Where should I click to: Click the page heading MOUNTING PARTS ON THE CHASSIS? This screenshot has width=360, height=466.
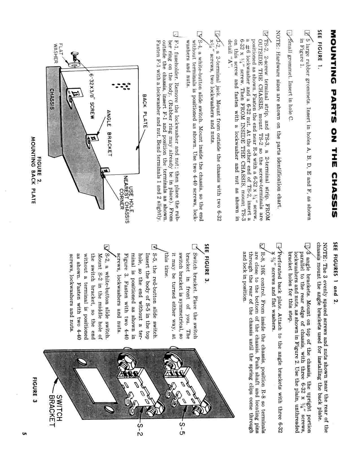tap(334, 124)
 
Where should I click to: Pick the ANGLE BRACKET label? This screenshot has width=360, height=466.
tap(109, 133)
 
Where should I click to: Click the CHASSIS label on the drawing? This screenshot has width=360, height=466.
tap(52, 99)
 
